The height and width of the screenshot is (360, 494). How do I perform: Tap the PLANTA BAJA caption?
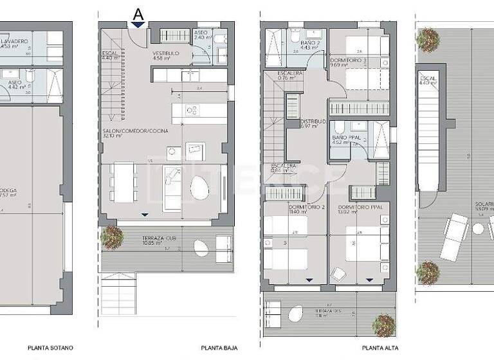(219, 348)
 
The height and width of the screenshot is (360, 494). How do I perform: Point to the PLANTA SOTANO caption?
(50, 348)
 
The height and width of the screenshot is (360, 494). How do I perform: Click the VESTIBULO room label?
(165, 53)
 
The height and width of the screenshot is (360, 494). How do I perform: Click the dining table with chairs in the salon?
(123, 181)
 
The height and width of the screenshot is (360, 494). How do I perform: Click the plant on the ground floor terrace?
(113, 237)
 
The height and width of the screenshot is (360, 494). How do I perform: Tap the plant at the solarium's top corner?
(428, 40)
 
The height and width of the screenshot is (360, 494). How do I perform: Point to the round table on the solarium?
(478, 228)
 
